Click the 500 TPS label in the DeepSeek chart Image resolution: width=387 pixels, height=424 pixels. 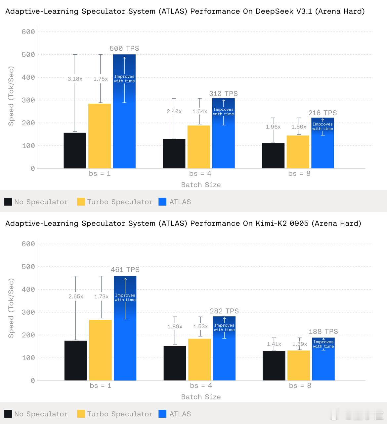124,49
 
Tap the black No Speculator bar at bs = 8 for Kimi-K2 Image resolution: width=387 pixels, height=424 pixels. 274,366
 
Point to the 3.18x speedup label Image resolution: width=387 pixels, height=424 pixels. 75,79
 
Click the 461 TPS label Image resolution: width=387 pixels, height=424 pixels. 125,270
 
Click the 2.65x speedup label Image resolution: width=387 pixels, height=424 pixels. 76,296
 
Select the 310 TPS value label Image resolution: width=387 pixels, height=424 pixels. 224,94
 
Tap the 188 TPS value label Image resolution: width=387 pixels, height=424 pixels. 323,332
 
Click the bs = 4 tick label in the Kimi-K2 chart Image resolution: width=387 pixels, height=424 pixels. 201,386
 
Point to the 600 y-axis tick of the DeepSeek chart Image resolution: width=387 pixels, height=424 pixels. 28,32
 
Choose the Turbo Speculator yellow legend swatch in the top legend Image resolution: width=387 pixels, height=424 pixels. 81,202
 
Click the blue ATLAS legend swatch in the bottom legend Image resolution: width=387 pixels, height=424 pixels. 162,414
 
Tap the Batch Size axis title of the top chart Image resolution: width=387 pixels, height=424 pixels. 201,185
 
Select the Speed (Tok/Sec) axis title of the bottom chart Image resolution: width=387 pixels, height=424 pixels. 11,308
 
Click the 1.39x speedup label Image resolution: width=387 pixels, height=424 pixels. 300,344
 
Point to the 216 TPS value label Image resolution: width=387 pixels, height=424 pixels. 322,113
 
